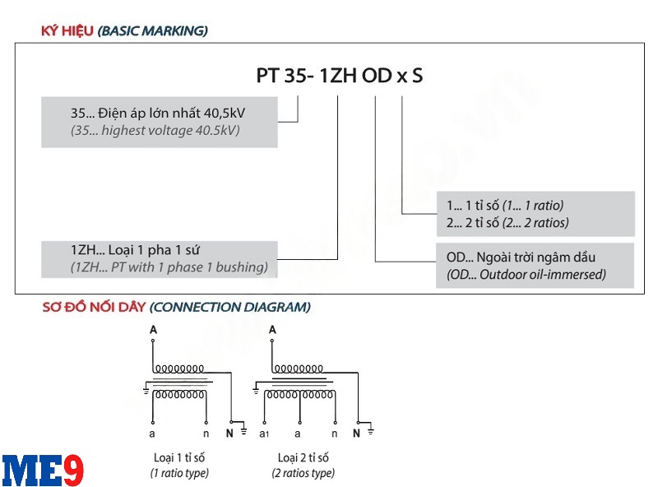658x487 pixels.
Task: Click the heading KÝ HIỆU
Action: click(67, 31)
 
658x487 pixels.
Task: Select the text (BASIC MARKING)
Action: click(152, 31)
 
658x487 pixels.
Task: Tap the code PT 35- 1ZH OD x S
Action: click(340, 76)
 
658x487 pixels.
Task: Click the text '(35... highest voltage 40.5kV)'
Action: click(155, 131)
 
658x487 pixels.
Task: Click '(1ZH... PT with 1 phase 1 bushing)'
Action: click(169, 267)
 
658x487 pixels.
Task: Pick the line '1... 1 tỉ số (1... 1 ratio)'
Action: click(504, 206)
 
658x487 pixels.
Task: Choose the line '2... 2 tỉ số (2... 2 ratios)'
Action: click(507, 222)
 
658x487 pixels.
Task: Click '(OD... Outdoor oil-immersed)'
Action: click(526, 274)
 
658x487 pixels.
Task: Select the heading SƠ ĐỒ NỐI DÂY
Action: click(94, 308)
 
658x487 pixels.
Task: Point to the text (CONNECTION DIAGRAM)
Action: click(229, 308)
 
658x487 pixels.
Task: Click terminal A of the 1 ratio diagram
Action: click(152, 330)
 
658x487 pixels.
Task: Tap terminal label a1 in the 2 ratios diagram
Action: click(264, 432)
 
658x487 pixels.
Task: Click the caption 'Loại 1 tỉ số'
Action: click(178, 457)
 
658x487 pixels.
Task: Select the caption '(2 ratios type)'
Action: click(303, 473)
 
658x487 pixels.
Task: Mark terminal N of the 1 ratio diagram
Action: click(229, 432)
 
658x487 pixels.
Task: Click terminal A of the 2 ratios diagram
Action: click(272, 330)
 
